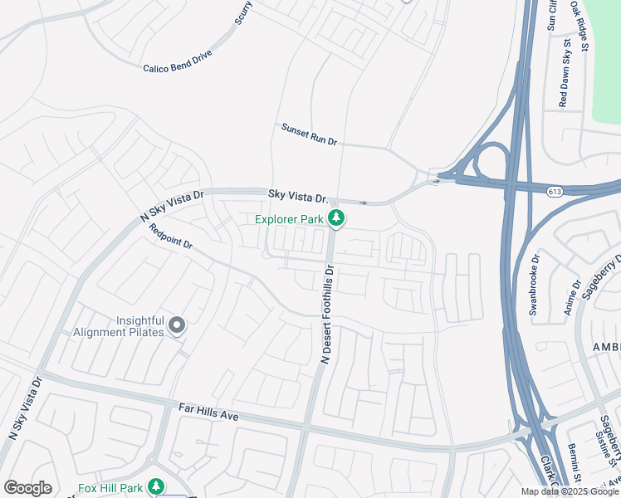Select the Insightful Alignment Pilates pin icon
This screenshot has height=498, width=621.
177,325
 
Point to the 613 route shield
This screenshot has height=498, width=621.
555,192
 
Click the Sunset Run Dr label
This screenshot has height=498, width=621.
309,134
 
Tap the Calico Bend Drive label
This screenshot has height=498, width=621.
178,61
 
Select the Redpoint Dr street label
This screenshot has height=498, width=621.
170,237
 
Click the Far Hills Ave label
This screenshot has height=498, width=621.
208,410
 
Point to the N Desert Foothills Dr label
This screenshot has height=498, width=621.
326,314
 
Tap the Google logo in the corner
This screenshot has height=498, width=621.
27,487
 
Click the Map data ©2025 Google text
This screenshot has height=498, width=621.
570,491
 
